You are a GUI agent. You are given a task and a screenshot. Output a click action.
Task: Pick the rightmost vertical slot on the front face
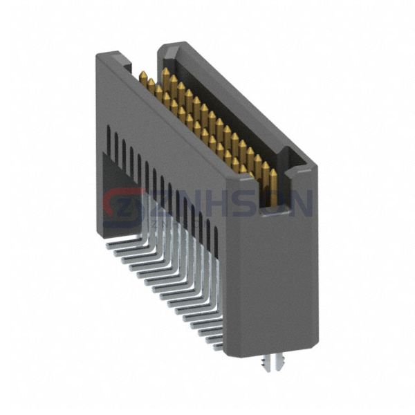(216, 239)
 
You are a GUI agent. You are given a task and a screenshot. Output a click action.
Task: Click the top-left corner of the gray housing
(98, 55)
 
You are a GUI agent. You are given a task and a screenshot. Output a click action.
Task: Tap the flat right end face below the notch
(277, 277)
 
